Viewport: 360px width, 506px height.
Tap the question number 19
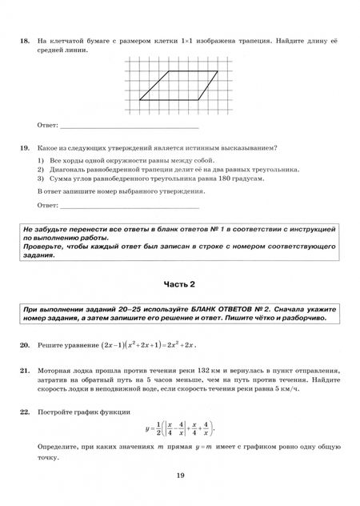click(25, 148)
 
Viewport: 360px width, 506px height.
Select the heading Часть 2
click(179, 283)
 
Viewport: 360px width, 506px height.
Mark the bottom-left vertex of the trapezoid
click(141, 100)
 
